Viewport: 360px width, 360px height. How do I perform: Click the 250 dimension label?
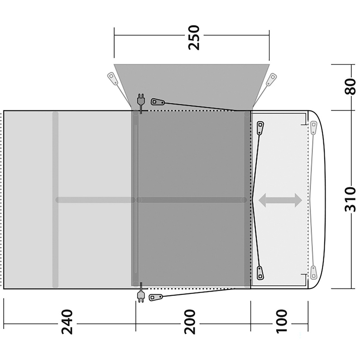pos(193,38)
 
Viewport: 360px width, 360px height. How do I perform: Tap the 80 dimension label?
pos(350,86)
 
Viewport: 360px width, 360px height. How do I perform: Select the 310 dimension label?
pos(350,199)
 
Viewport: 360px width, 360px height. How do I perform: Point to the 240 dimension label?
pos(67,322)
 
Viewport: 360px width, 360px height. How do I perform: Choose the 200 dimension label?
pos(190,322)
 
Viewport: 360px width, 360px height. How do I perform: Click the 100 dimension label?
pos(282,321)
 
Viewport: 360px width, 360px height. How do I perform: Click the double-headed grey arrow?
pos(280,200)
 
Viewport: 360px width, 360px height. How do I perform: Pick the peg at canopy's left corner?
pos(113,78)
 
